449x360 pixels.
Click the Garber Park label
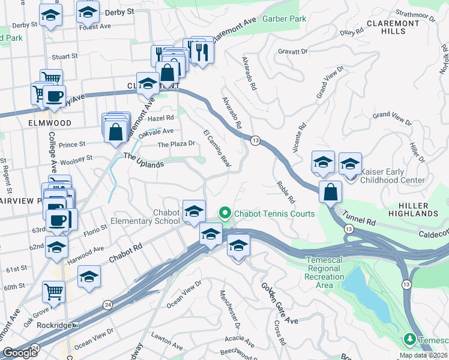tap(284, 19)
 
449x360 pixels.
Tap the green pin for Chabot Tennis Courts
tap(225, 213)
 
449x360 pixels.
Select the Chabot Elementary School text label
tap(145, 216)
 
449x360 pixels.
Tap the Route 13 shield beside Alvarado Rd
tap(256, 140)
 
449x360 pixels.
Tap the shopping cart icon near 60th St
tap(53, 292)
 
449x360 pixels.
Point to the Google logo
tap(20, 353)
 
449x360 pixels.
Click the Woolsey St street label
tap(73, 158)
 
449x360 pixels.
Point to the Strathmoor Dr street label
tap(419, 13)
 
